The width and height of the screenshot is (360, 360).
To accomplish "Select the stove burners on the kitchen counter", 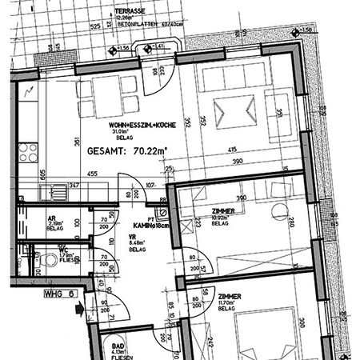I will (30, 153).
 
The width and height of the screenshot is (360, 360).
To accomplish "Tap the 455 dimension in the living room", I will (93, 174).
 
